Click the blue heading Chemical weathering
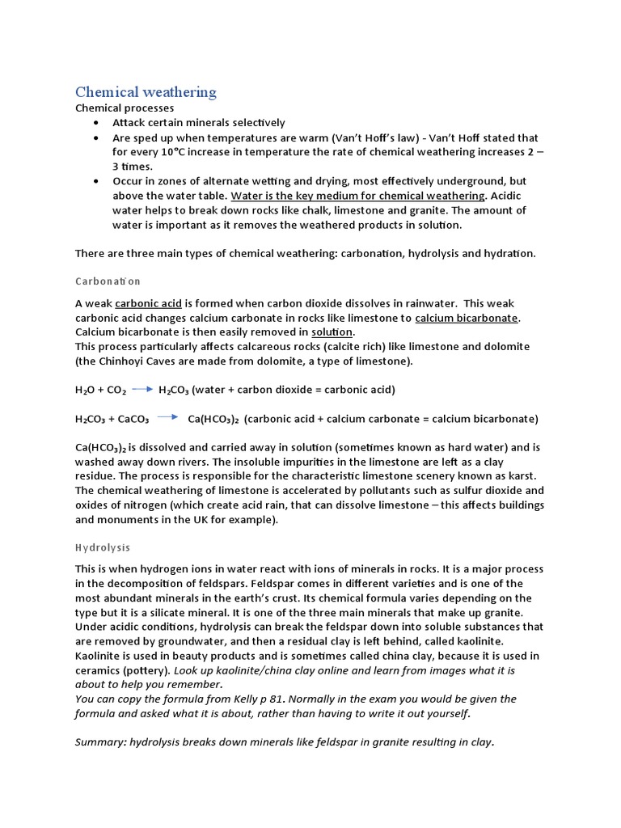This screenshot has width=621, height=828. click(x=146, y=91)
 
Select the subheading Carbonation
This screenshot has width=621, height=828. click(x=108, y=281)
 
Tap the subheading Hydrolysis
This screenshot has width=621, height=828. click(x=103, y=547)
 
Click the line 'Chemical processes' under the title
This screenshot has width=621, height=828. click(x=125, y=108)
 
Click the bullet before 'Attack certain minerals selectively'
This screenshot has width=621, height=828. click(x=96, y=123)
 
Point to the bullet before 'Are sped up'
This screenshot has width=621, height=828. click(x=96, y=137)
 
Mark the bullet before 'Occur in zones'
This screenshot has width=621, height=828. click(x=96, y=181)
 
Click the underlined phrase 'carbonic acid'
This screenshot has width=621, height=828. click(x=148, y=304)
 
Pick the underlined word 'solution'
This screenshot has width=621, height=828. click(x=332, y=332)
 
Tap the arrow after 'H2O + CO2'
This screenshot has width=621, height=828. click(x=142, y=390)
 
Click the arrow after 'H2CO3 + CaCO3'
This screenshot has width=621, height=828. click(x=168, y=419)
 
